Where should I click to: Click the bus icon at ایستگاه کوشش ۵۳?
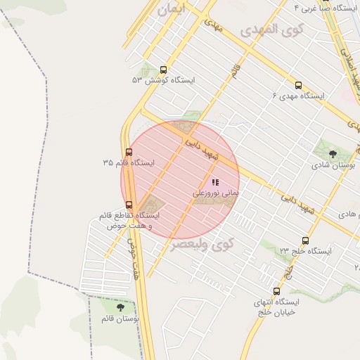(164, 70)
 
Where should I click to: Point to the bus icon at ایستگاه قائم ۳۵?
(128, 152)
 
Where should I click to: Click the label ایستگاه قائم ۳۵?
(128, 162)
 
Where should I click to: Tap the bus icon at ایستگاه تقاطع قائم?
(129, 205)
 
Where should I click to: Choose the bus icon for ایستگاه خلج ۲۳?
(304, 240)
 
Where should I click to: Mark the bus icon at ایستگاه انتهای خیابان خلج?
(276, 290)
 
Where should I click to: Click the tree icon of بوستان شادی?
(333, 153)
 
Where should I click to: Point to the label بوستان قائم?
(120, 319)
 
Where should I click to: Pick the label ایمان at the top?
(174, 10)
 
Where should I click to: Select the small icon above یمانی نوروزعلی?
(214, 182)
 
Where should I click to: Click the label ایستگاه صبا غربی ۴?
(323, 7)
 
